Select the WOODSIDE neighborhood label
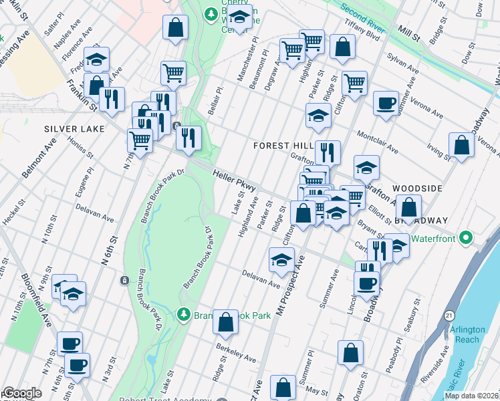417,188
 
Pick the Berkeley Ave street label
236,353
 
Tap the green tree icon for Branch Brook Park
183,313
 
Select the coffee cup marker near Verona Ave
385,104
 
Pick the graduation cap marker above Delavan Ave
281,259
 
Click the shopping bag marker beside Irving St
461,145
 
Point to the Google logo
22,393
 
